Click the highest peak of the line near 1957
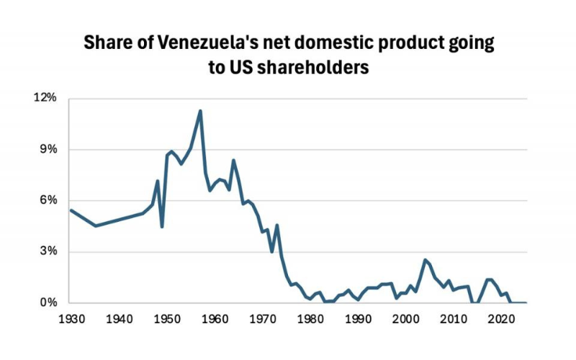coord(200,111)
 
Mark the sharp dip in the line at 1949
coord(162,227)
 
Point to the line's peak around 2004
coord(425,260)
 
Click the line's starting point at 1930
coord(71,210)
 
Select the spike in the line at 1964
coord(233,160)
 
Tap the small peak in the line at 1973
coord(276,225)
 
